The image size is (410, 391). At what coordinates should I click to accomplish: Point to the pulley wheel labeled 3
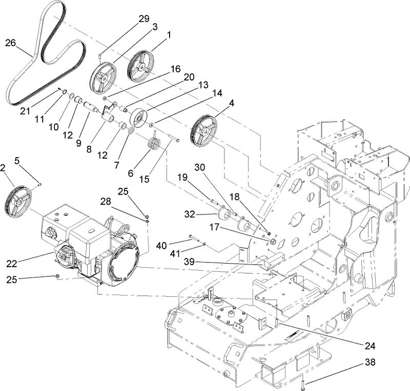[105, 77]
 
